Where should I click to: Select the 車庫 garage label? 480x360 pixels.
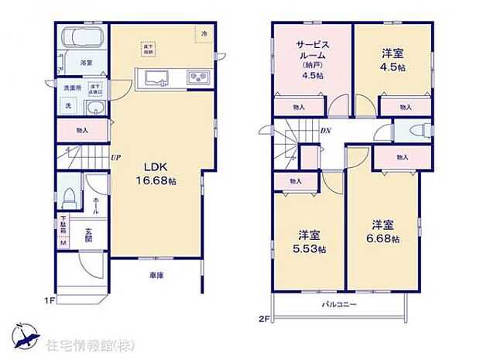[x=156, y=274]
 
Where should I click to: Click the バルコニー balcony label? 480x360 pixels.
[x=339, y=306]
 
